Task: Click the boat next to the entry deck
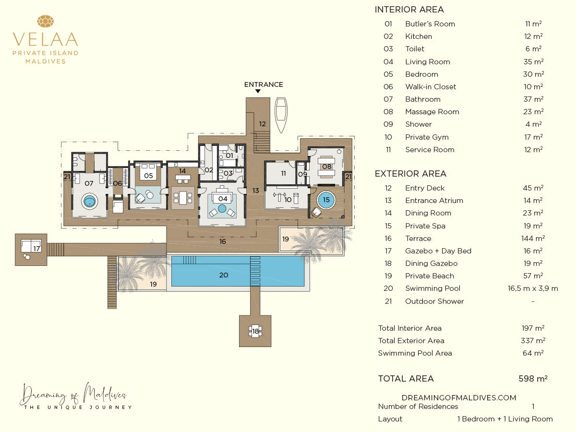click(281, 115)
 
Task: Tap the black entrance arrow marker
click(258, 91)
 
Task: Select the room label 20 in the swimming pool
click(224, 275)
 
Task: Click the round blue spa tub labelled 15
click(326, 200)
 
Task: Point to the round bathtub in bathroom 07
click(90, 202)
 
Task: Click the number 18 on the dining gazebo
click(255, 331)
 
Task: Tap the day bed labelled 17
click(31, 246)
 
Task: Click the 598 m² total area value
click(533, 379)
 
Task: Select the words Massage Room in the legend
click(432, 112)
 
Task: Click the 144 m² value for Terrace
click(533, 238)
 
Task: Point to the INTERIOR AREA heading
click(409, 10)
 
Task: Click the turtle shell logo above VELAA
click(46, 21)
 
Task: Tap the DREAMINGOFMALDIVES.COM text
click(459, 397)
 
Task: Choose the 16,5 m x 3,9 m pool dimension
click(533, 288)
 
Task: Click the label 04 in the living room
click(223, 199)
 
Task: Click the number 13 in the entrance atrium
click(255, 191)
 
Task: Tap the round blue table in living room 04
click(222, 208)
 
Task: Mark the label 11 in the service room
click(283, 173)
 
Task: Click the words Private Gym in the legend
click(427, 137)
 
